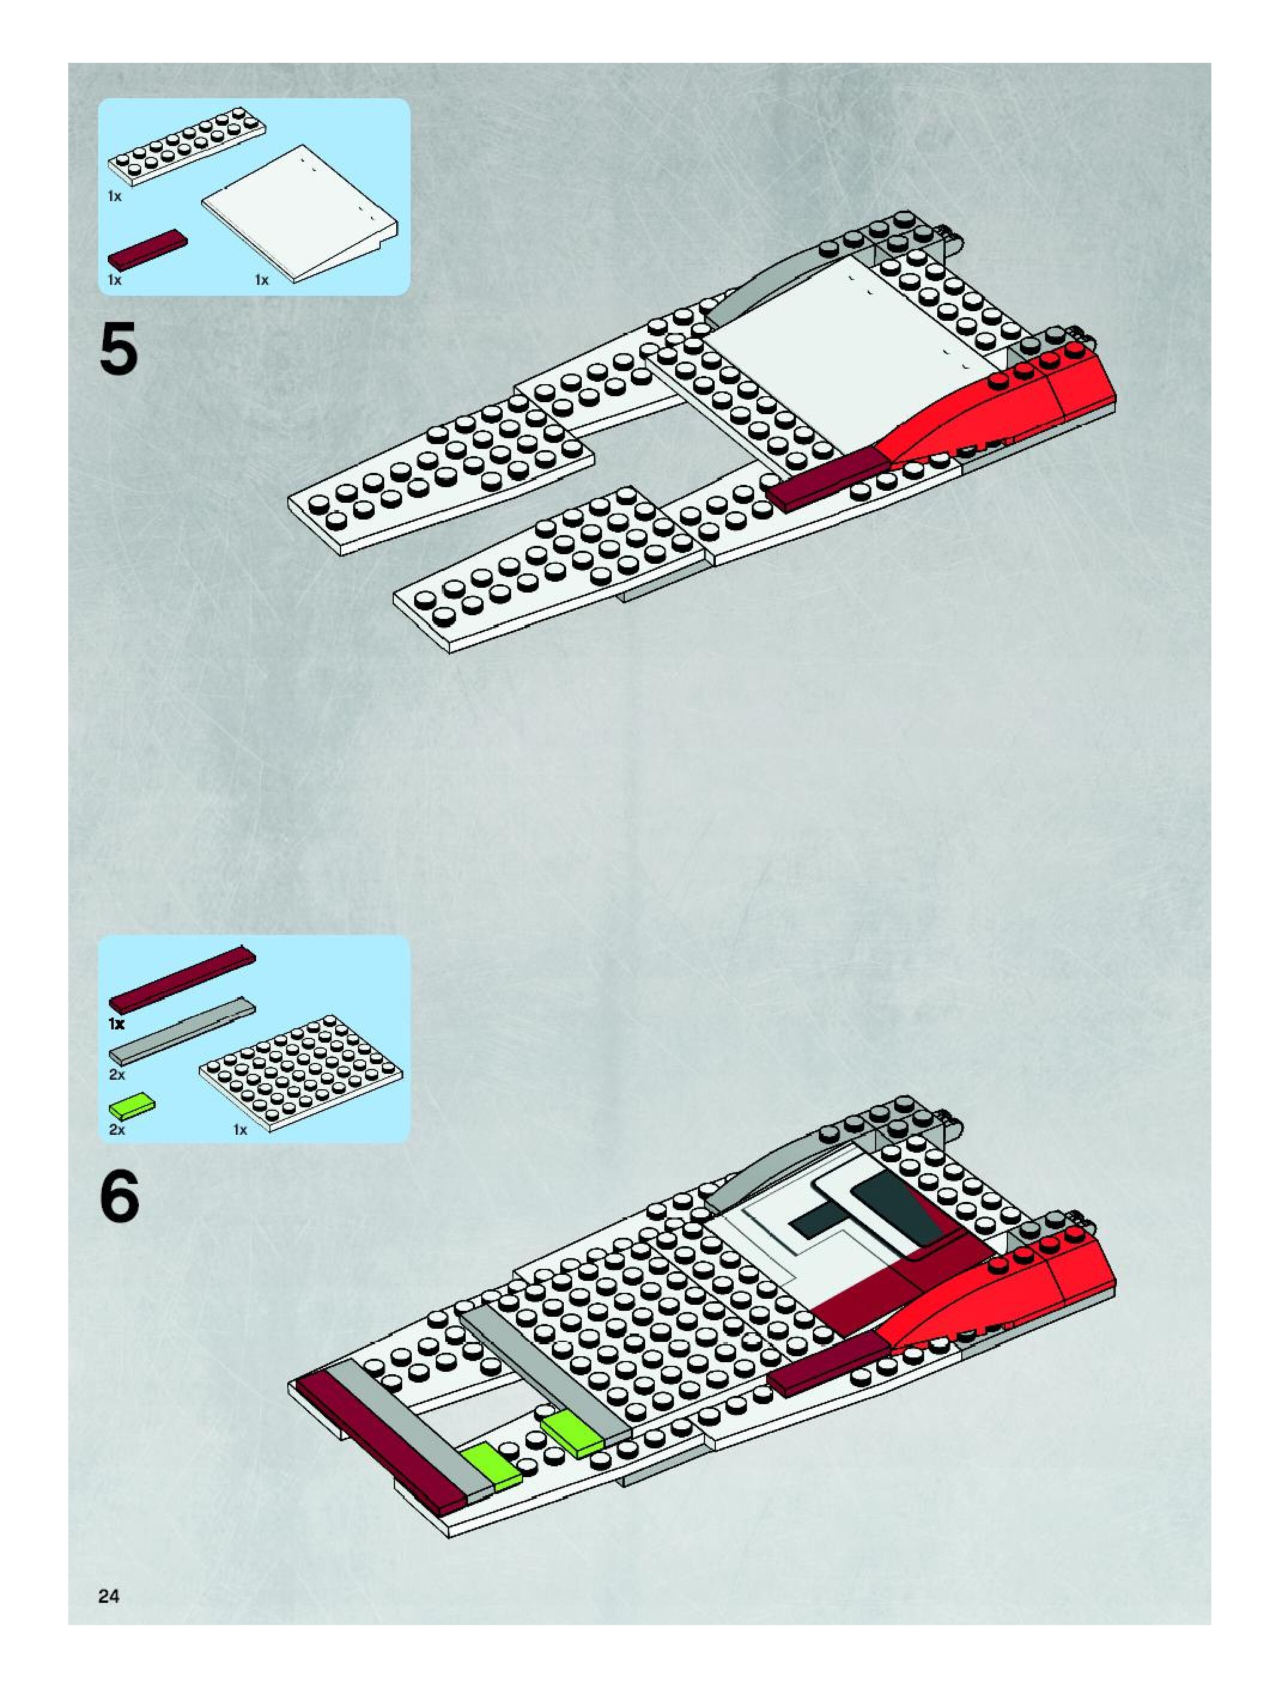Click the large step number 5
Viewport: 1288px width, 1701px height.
[119, 348]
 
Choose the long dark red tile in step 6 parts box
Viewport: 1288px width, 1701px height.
[182, 979]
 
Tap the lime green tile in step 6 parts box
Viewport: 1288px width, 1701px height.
[132, 1106]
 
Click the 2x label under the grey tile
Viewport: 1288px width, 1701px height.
[117, 1074]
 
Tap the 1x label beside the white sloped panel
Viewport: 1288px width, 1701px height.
[262, 280]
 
